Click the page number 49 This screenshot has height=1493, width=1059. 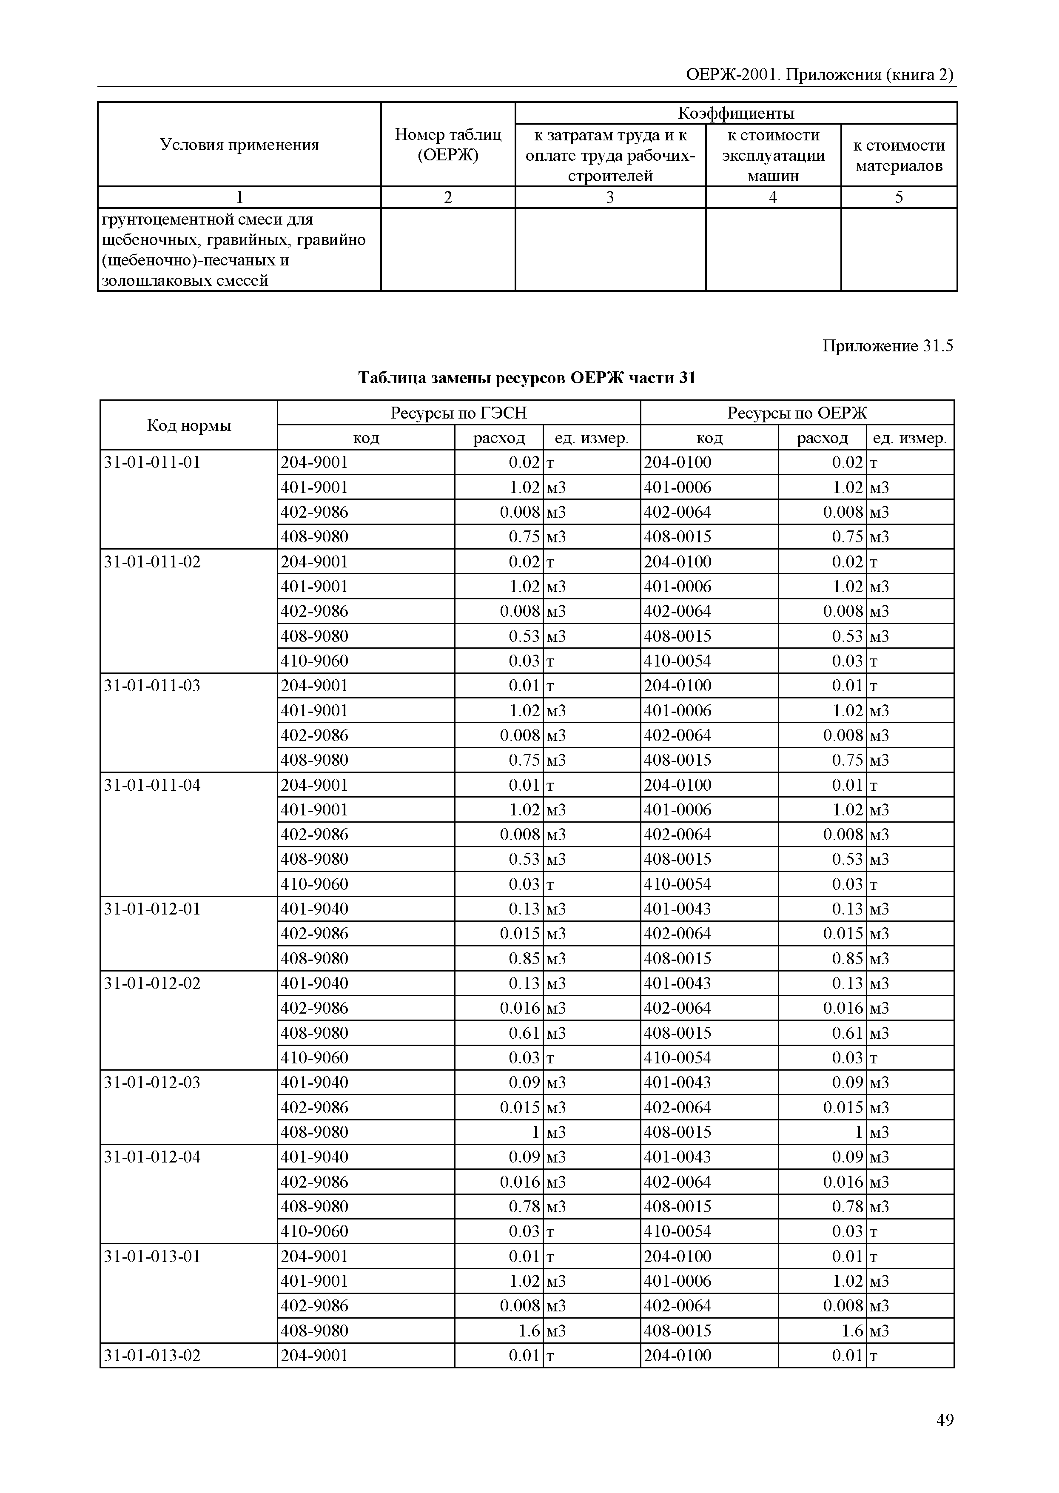tap(944, 1419)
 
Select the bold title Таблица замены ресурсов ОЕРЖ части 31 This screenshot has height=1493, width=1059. tap(527, 378)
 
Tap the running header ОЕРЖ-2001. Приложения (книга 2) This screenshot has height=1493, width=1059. tap(820, 75)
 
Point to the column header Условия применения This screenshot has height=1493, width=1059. tap(239, 145)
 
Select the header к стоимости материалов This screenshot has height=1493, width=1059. tap(899, 155)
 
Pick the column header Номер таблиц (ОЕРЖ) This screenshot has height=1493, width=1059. tap(448, 145)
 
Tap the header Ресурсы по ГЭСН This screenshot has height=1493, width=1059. tap(458, 413)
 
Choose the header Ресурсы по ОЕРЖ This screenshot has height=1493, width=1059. tap(797, 413)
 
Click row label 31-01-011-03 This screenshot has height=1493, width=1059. tap(152, 686)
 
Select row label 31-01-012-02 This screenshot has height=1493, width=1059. tap(152, 983)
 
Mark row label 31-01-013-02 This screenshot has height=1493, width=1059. tap(152, 1355)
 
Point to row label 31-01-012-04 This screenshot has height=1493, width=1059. tap(152, 1157)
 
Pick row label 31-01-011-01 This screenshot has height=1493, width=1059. tap(152, 462)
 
